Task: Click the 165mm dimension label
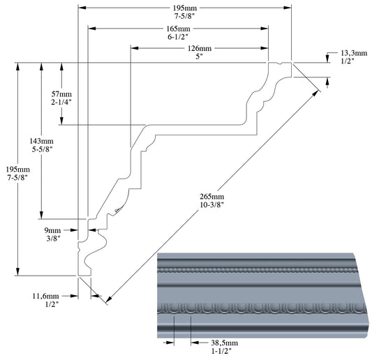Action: click(178, 29)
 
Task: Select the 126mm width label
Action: click(200, 48)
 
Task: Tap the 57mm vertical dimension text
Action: click(61, 94)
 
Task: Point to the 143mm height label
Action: click(41, 141)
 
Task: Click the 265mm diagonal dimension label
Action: click(212, 196)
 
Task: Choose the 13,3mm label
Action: click(354, 53)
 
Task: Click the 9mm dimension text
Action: click(52, 230)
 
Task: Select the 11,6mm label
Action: click(45, 297)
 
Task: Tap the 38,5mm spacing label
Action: click(225, 343)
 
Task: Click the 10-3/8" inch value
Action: click(212, 204)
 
